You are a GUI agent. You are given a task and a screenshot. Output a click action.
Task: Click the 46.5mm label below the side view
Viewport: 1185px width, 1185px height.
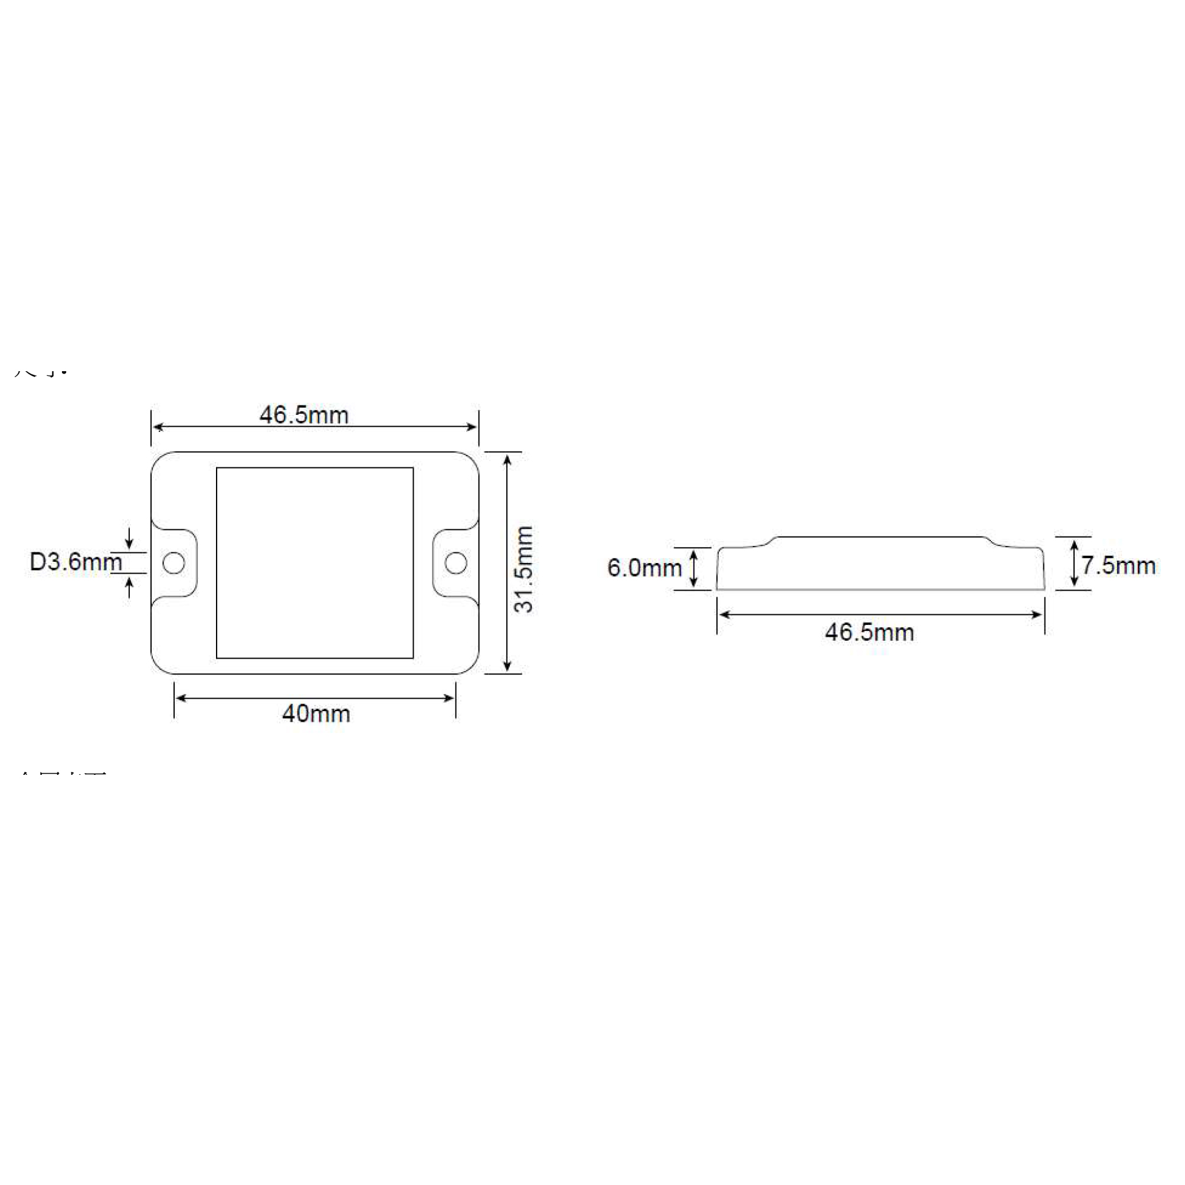pos(869,633)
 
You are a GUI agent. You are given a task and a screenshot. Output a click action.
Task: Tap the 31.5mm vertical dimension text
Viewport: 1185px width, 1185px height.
pos(524,569)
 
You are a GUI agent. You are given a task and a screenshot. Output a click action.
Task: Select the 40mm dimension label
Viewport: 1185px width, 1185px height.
pos(316,714)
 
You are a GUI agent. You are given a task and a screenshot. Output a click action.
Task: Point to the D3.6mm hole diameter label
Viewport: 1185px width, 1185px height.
pos(76,562)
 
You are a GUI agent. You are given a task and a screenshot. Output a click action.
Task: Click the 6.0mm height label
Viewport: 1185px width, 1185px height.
pos(644,568)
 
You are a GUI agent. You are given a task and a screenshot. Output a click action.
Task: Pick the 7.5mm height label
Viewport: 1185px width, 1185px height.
pos(1118,565)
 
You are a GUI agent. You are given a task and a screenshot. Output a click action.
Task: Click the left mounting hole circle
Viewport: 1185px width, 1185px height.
pos(174,563)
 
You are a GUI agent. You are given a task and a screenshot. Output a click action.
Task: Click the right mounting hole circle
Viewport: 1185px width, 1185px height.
pos(456,562)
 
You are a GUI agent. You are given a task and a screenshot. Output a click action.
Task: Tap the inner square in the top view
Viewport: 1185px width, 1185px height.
pos(315,563)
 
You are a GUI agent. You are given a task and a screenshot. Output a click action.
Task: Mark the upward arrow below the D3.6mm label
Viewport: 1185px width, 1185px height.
pos(129,588)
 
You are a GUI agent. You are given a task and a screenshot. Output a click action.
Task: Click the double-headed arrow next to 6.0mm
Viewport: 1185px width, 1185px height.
pos(693,568)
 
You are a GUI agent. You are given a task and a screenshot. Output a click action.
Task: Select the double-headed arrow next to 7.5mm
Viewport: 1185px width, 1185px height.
pos(1074,563)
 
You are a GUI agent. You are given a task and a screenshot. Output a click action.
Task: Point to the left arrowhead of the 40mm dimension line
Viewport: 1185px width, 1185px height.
pos(179,698)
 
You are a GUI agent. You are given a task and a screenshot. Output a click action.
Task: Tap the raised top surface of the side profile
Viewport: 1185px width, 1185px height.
pos(880,537)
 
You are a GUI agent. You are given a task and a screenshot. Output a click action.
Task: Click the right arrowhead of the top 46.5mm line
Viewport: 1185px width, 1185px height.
pos(473,427)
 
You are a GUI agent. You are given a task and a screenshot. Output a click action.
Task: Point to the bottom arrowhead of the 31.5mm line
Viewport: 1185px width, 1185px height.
pos(506,667)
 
